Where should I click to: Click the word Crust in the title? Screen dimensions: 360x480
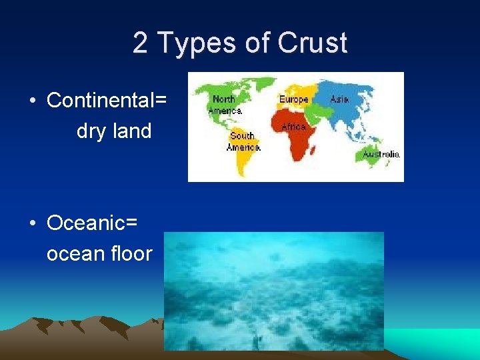point(312,43)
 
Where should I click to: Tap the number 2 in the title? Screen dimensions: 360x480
point(140,43)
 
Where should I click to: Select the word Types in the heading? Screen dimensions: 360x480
point(189,44)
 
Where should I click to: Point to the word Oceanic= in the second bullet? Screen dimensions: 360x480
point(92,223)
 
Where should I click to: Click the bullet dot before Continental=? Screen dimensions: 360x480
point(32,101)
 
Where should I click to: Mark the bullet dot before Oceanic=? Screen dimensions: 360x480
point(32,223)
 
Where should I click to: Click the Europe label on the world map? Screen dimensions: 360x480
point(294,99)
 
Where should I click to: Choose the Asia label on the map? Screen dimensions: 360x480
point(339,99)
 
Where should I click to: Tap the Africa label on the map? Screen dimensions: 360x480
point(294,126)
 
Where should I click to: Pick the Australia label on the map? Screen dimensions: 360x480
point(381,154)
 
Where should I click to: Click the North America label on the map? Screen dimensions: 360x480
point(224,105)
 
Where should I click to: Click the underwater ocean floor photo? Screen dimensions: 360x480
point(274,291)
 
